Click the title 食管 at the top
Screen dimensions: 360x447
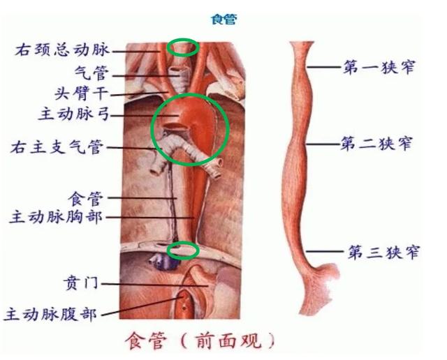click(x=224, y=20)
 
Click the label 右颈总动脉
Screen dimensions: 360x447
click(x=62, y=50)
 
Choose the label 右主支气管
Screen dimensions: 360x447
click(x=57, y=147)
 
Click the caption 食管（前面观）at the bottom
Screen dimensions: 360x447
click(x=200, y=341)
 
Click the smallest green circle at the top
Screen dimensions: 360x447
click(x=183, y=47)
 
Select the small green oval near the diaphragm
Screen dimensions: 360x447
click(x=184, y=249)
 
